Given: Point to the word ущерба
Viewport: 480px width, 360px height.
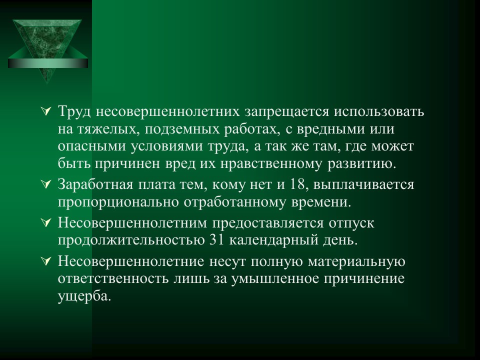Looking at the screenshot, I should click(83, 296).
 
